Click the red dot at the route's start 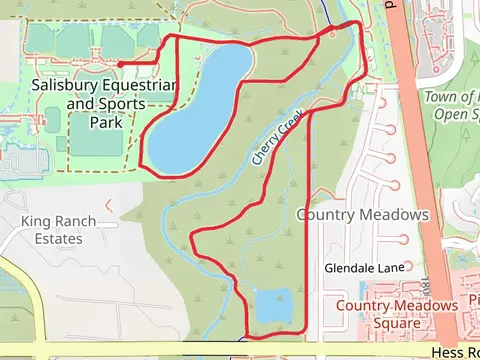[x=120, y=65]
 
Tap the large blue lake [x=200, y=110]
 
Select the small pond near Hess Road [x=272, y=304]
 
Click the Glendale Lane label [x=362, y=268]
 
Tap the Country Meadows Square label [x=392, y=314]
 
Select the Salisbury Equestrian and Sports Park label [x=103, y=103]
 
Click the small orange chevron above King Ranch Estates [x=109, y=204]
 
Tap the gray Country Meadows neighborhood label [x=362, y=215]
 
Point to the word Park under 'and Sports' [x=103, y=121]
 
